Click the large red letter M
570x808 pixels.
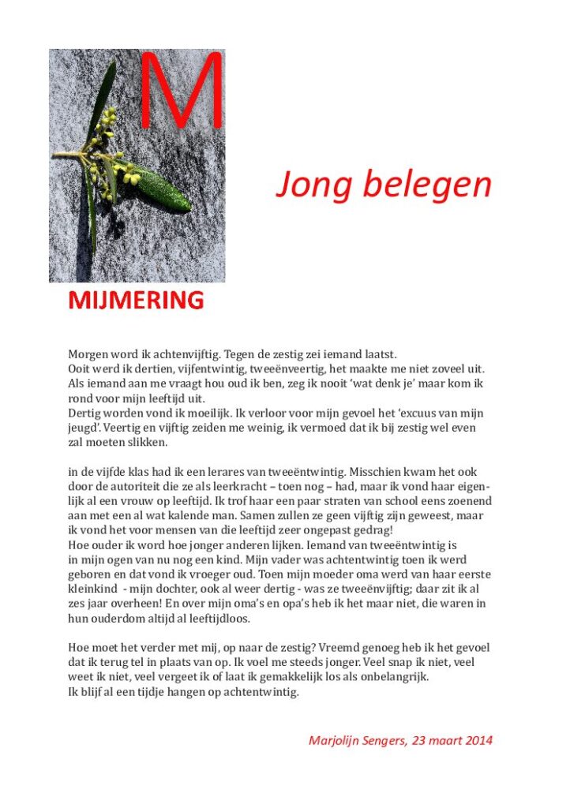click(182, 91)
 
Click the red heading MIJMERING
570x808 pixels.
click(136, 301)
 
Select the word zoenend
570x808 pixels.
click(467, 501)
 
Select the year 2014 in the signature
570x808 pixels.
click(478, 741)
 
